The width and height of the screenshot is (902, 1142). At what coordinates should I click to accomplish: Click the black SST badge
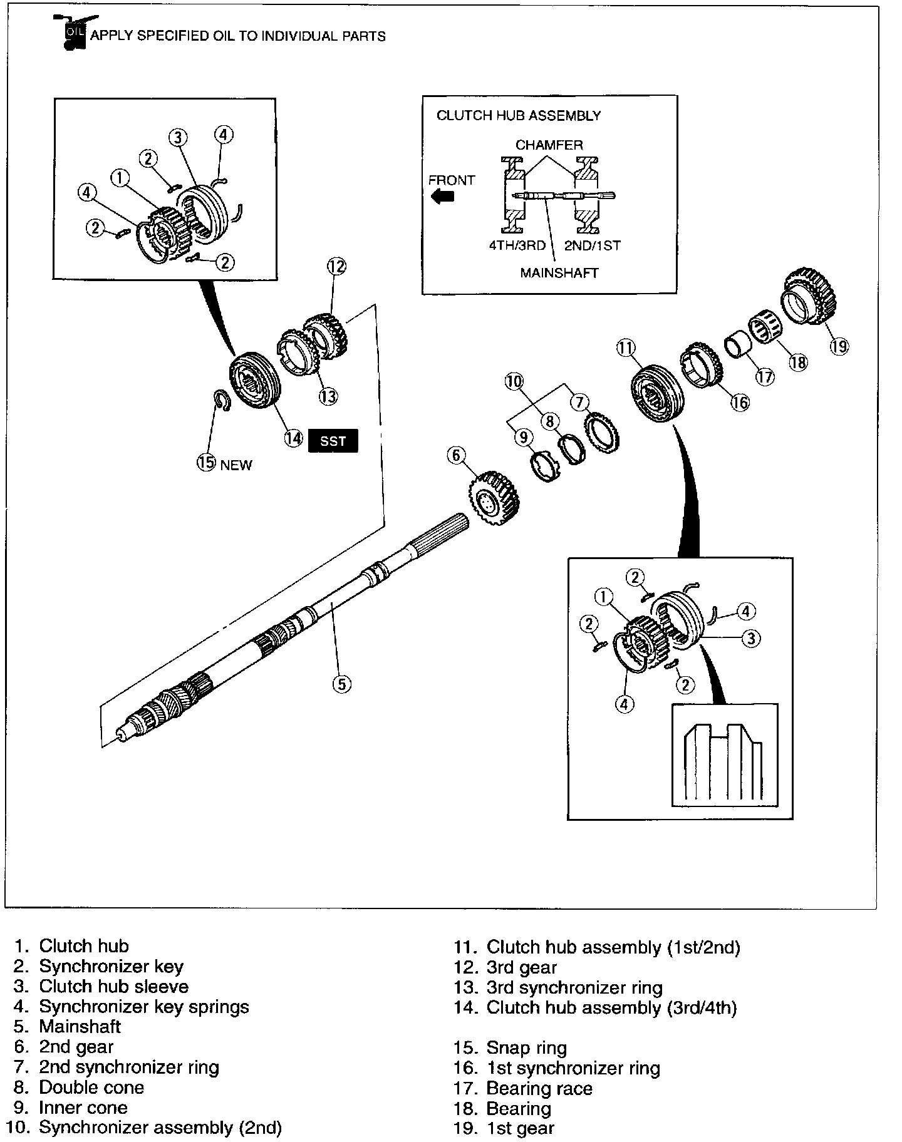[x=333, y=441]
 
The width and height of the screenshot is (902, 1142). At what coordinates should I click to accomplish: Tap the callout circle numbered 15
[x=206, y=463]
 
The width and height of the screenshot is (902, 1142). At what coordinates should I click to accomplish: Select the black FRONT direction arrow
[x=443, y=197]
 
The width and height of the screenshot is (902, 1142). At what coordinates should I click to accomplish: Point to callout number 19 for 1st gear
[x=839, y=346]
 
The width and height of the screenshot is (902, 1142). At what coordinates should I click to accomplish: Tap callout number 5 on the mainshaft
[x=341, y=684]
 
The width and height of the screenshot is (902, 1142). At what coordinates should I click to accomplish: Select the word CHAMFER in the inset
[x=549, y=145]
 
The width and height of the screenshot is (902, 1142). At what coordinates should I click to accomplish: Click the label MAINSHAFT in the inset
[x=559, y=273]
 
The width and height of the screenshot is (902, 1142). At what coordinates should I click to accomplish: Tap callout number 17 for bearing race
[x=765, y=376]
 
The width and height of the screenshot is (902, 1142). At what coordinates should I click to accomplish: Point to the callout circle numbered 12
[x=336, y=267]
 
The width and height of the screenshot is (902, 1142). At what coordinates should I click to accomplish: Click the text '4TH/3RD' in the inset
[x=517, y=245]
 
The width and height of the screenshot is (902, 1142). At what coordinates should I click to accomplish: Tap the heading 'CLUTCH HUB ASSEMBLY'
[x=518, y=115]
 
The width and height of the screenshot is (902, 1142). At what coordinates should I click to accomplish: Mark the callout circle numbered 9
[x=523, y=437]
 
